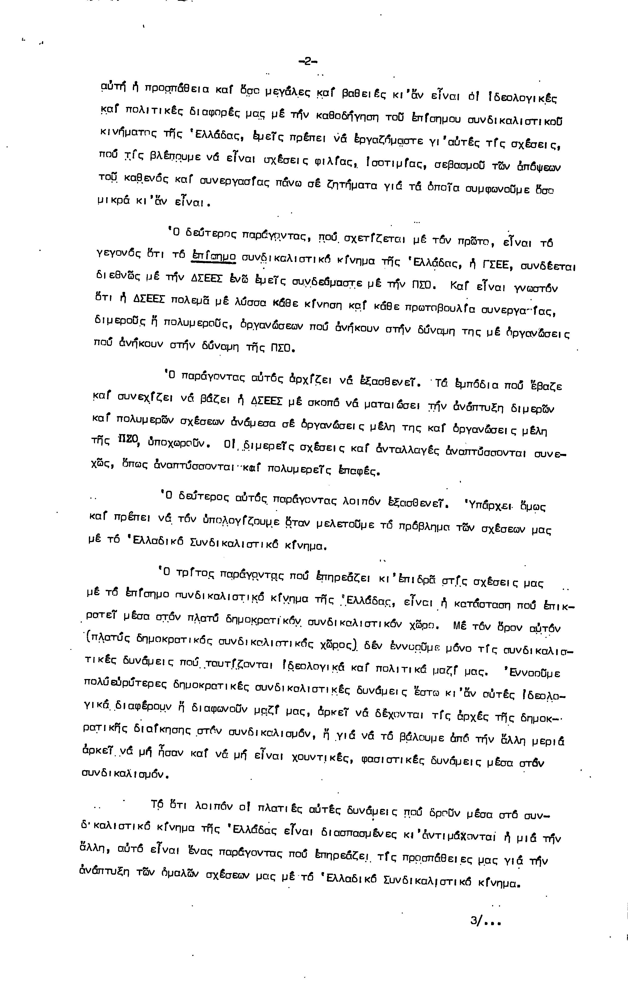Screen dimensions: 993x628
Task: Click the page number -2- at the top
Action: (x=308, y=62)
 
